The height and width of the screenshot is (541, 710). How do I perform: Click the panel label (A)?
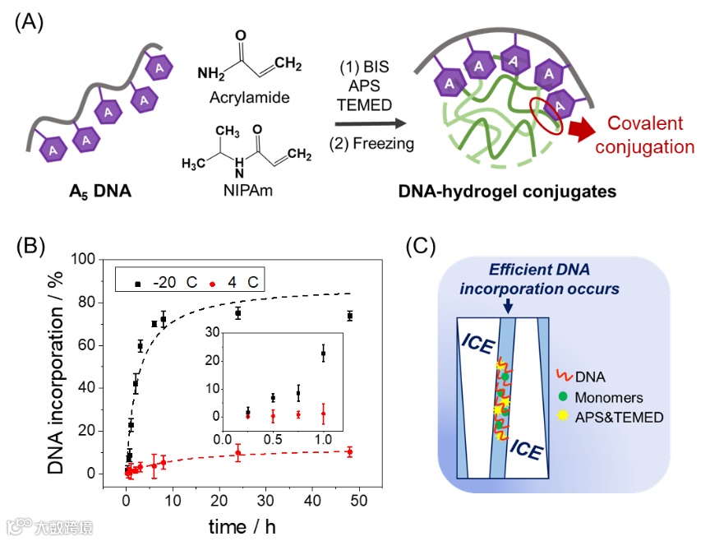click(x=30, y=21)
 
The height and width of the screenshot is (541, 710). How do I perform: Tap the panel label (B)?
click(x=30, y=247)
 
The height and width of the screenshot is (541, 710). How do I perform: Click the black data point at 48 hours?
click(x=350, y=316)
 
